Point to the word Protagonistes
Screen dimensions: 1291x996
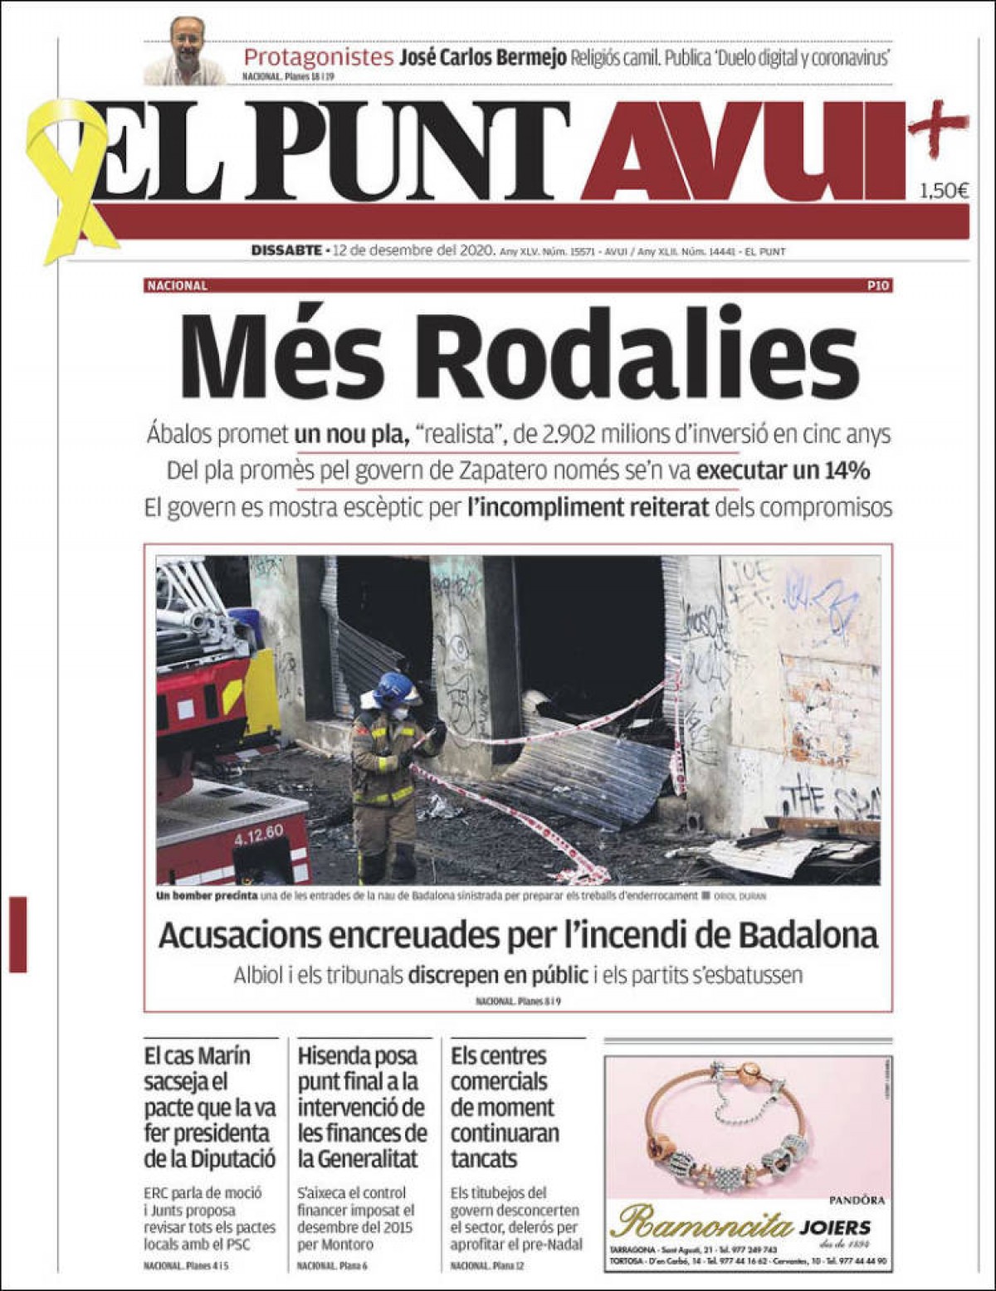click(318, 57)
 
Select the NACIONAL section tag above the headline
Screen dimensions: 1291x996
click(176, 285)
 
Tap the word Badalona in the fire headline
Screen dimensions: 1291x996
click(805, 935)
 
